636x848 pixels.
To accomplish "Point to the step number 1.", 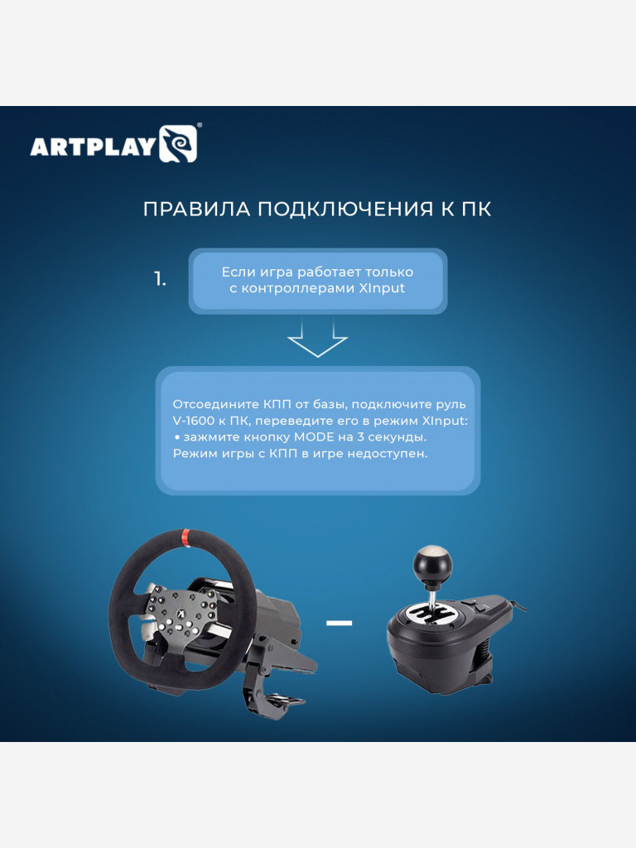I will pos(160,280).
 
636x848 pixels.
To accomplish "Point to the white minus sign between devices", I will pos(339,622).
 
